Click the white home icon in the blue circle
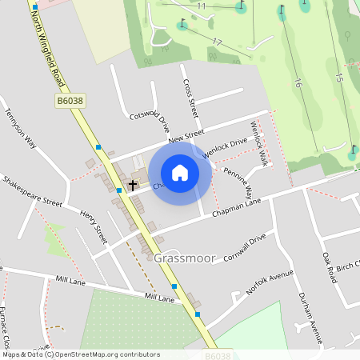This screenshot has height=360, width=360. click(180, 173)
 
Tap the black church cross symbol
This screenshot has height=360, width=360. click(132, 184)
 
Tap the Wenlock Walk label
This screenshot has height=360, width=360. click(258, 145)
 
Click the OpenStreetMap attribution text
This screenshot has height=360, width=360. click(81, 354)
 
